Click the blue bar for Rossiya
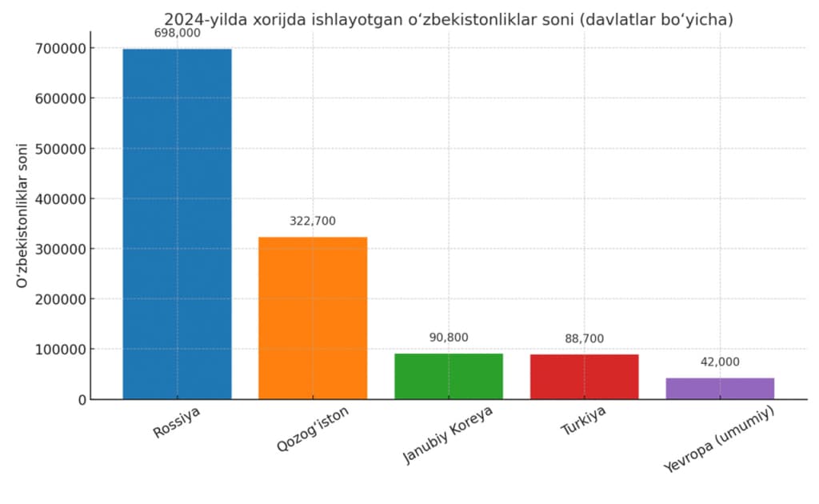[177, 224]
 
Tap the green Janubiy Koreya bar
[449, 376]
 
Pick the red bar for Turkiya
[585, 377]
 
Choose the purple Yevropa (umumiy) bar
[720, 388]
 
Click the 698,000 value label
[177, 33]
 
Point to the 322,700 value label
[313, 221]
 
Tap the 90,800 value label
[449, 338]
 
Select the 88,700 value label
[585, 338]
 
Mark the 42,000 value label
[720, 362]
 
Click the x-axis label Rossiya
[177, 424]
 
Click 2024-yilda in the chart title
[203, 19]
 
